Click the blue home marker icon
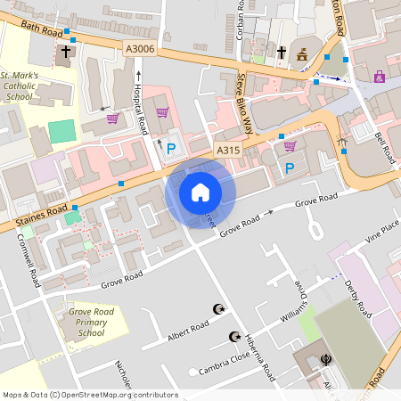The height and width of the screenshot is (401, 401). pyautogui.click(x=200, y=192)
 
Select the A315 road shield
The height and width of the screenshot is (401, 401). pyautogui.click(x=227, y=151)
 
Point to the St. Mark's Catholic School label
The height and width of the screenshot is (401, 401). pyautogui.click(x=20, y=85)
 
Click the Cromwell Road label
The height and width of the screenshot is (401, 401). pyautogui.click(x=28, y=260)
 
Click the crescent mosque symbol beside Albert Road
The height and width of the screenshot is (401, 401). pyautogui.click(x=217, y=309)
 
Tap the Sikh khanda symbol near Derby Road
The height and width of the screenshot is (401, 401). pyautogui.click(x=326, y=361)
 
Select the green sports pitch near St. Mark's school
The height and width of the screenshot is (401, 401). pyautogui.click(x=61, y=131)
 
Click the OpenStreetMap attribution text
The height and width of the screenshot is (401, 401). pyautogui.click(x=89, y=394)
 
